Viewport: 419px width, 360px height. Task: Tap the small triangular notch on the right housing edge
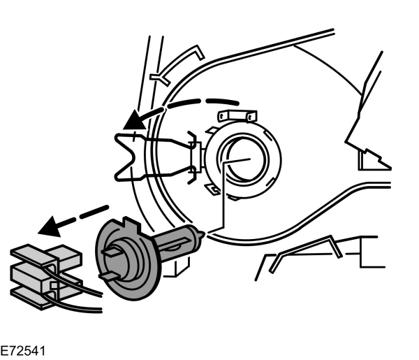pos(369,159)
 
